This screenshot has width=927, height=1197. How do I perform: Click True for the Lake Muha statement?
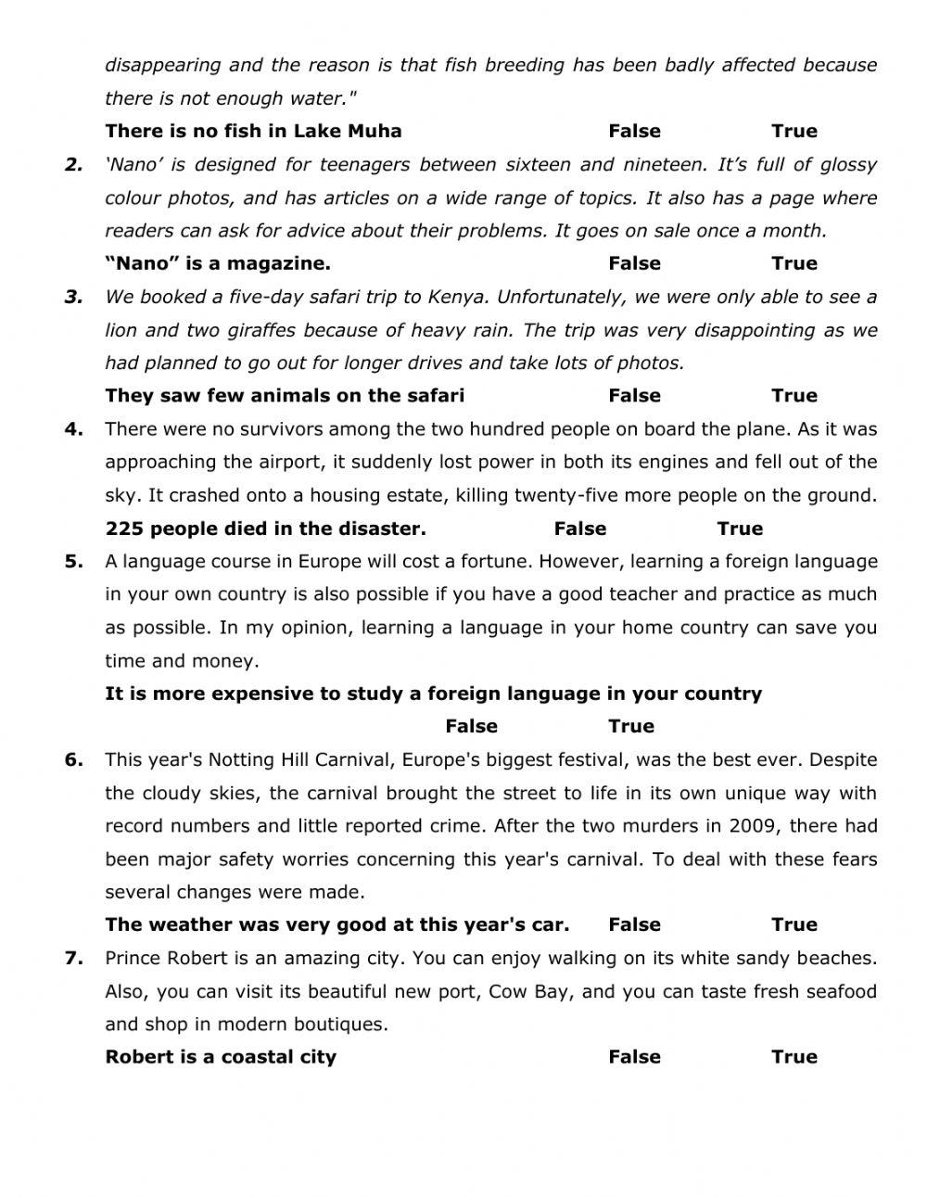click(794, 131)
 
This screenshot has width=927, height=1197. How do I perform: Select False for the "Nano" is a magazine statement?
click(634, 263)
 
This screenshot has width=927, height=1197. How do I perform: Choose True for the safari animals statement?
click(794, 396)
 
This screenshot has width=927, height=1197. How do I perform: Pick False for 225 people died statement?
click(579, 528)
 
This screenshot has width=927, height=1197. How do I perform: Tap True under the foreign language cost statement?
click(630, 726)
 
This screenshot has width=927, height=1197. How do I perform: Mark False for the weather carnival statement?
click(634, 924)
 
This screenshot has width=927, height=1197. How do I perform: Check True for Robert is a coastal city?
click(794, 1057)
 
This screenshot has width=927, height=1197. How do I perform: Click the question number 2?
click(73, 165)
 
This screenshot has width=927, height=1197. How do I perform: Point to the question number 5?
click(73, 561)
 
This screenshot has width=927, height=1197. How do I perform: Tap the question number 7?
click(73, 958)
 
